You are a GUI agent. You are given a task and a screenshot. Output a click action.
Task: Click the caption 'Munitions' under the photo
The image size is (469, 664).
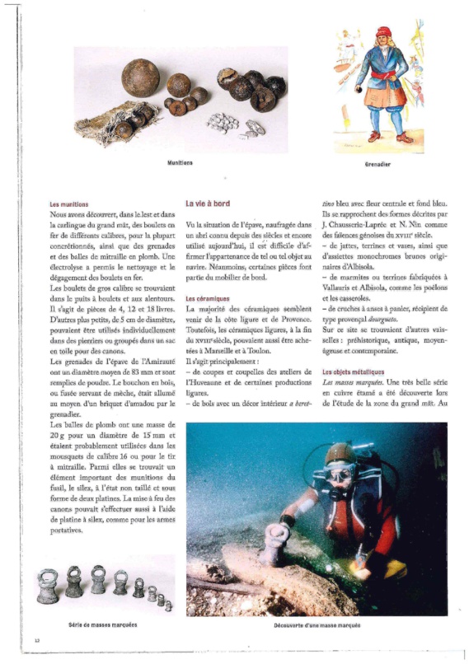point(180,163)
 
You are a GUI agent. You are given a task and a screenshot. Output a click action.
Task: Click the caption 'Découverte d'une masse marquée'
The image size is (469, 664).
point(317,626)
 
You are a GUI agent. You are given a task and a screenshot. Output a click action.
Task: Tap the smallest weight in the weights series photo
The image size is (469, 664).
point(168,606)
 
